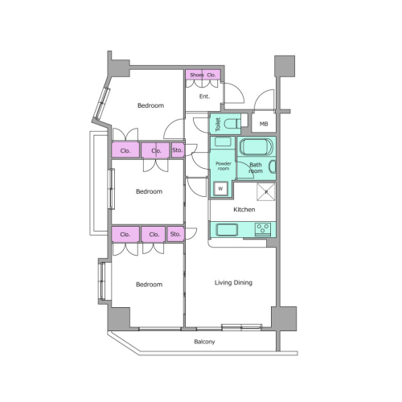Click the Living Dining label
click(233, 283)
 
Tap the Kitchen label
click(244, 209)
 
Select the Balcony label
click(204, 342)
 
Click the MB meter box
click(264, 123)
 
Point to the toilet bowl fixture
click(232, 124)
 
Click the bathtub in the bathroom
click(256, 147)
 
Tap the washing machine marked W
click(220, 188)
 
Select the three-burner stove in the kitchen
click(263, 230)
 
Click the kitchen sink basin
click(227, 230)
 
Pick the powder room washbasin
click(223, 142)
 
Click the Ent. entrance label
click(204, 96)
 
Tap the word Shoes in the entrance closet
click(197, 75)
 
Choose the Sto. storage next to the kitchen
click(175, 234)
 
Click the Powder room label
click(224, 166)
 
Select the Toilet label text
click(218, 124)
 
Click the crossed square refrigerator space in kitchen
click(266, 191)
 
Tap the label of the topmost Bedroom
click(150, 105)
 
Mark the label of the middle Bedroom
click(150, 191)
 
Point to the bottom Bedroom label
click(150, 285)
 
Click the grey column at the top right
click(285, 66)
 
